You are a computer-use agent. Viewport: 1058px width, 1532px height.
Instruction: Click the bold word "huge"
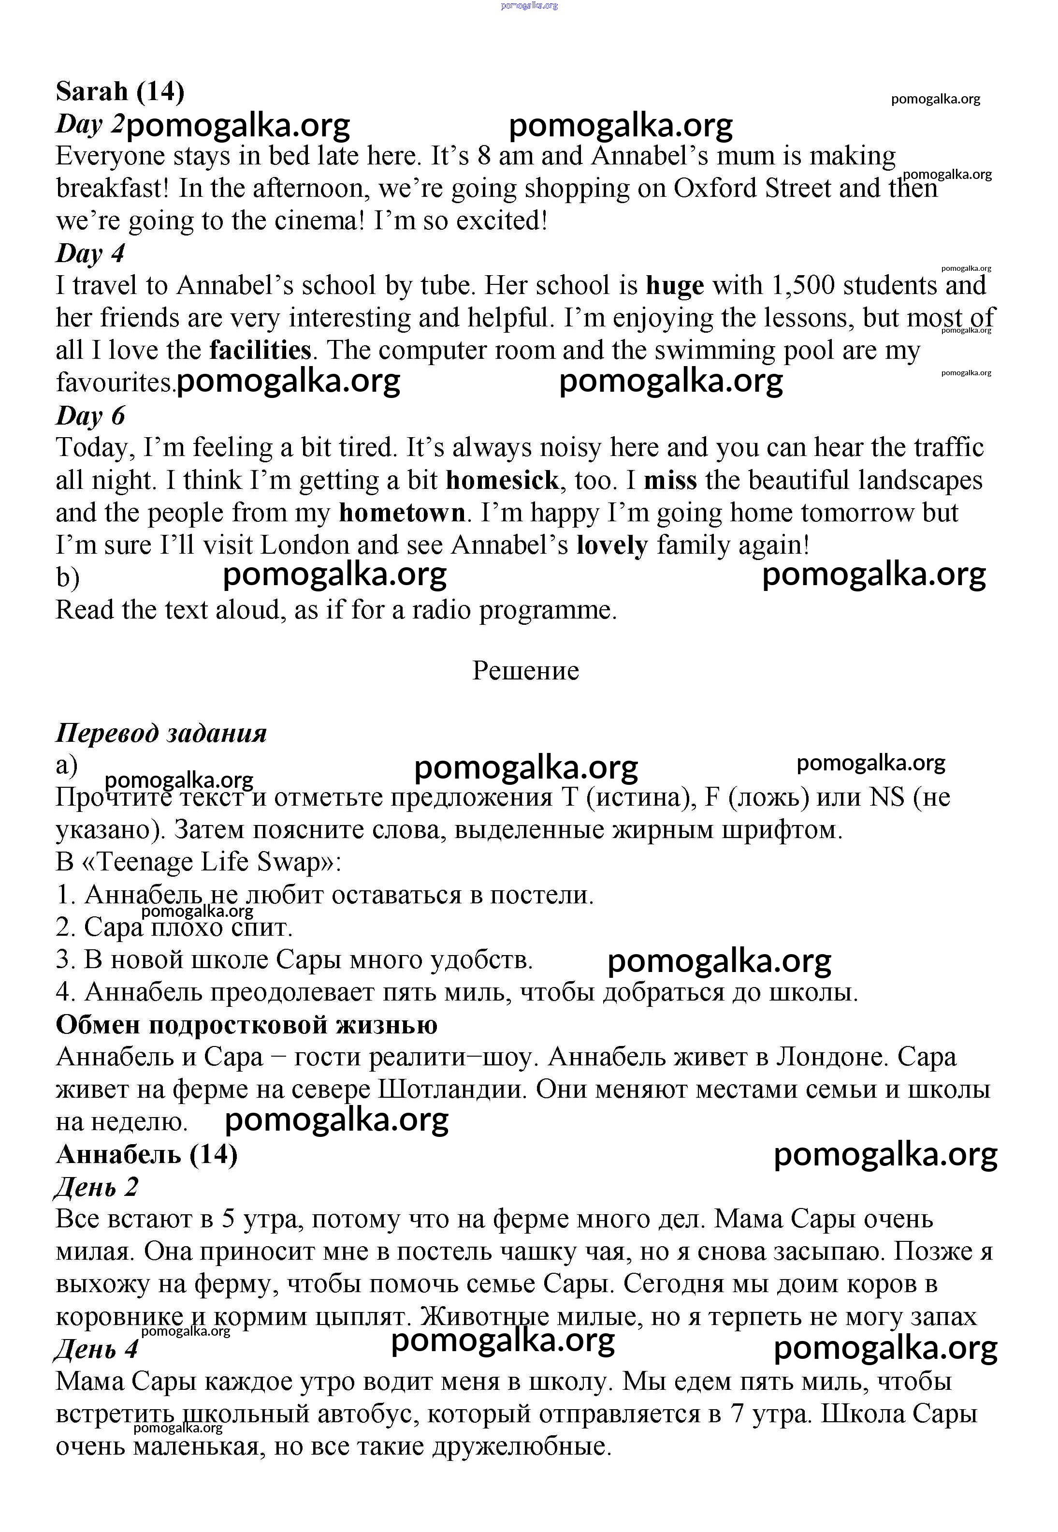(x=675, y=286)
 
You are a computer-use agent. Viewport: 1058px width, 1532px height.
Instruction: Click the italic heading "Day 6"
(x=90, y=416)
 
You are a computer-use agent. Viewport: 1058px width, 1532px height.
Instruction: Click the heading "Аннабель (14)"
(x=146, y=1155)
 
